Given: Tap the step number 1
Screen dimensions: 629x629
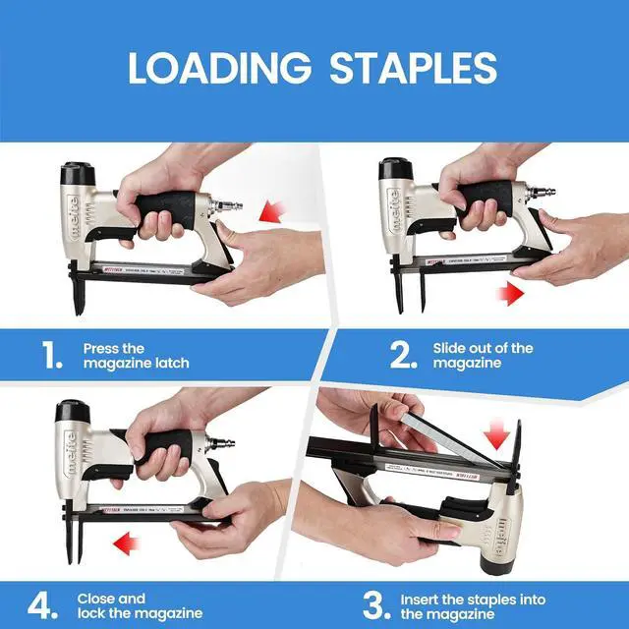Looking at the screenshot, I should pos(53,356).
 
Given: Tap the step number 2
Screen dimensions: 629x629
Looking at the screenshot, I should pos(402,356).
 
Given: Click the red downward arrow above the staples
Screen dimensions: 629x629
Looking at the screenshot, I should pos(498,432).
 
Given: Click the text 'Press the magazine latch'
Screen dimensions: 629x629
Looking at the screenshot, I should pos(136,356).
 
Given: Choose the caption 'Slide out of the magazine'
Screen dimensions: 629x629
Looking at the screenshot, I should pos(483,356).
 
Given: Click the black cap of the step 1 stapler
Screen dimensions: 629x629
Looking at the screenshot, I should pos(76,174).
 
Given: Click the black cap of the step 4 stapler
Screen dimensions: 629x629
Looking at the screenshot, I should pos(72,410).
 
